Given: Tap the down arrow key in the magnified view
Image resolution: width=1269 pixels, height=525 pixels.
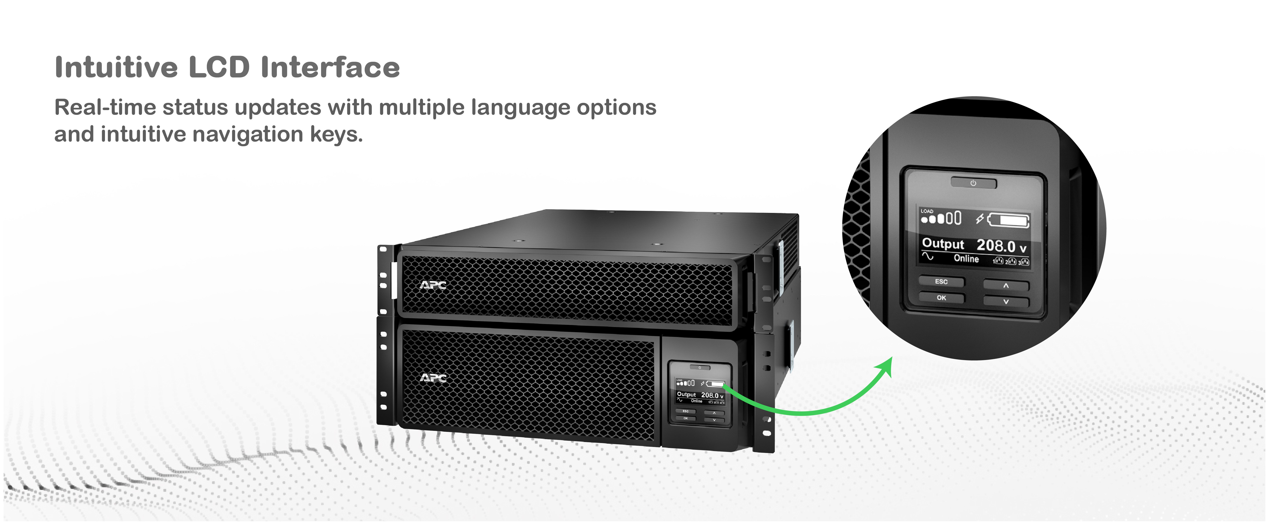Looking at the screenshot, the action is (x=1006, y=301).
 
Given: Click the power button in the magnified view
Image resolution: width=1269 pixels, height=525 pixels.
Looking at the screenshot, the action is (x=973, y=183).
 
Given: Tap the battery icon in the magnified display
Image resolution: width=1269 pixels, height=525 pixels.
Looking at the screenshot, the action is (x=1008, y=220).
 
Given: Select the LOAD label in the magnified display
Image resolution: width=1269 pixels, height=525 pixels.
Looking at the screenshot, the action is (x=927, y=211).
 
